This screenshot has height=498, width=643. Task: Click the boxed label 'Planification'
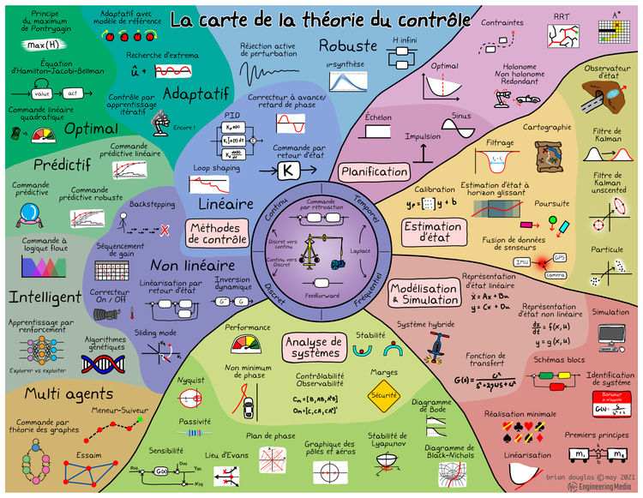coord(374,171)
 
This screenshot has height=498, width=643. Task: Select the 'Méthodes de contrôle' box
coord(218,234)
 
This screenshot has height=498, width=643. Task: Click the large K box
coord(287,171)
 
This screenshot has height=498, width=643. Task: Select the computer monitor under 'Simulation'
coord(610,334)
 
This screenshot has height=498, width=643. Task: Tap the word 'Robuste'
coord(348,45)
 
